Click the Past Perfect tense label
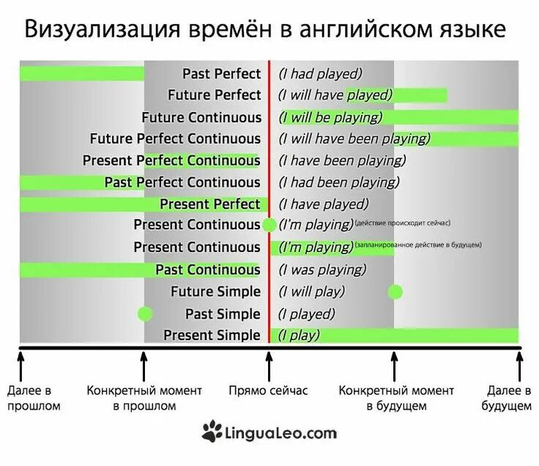pos(221,73)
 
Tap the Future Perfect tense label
pos(214,95)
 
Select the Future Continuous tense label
pos(201,117)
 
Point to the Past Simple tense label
pos(223,314)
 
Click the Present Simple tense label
pos(212,336)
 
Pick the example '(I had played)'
pos(321,73)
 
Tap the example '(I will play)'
pos(311,292)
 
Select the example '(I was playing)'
pos(322,270)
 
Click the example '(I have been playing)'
pos(341,160)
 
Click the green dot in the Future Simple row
pos(395,292)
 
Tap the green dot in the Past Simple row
pos(145,314)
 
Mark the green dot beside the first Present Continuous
pos(269,225)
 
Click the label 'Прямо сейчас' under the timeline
pos(269,391)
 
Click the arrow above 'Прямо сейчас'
pos(269,364)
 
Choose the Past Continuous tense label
pos(207,270)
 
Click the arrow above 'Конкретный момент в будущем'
pos(394,364)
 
